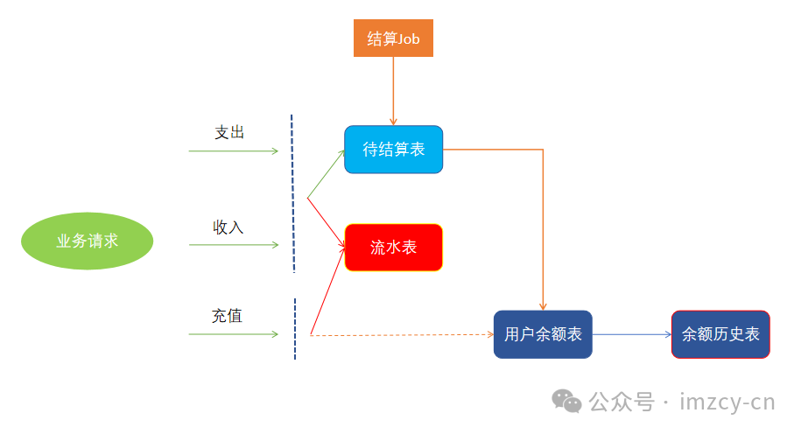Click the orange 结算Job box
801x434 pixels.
tap(393, 38)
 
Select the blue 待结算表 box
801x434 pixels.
tap(393, 150)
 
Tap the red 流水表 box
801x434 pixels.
tap(393, 248)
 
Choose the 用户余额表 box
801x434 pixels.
tap(543, 334)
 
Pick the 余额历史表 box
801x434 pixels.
tap(720, 334)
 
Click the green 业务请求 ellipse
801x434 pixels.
tap(87, 241)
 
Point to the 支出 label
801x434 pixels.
tap(229, 132)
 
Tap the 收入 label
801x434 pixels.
tap(228, 227)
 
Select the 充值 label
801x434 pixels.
tap(227, 316)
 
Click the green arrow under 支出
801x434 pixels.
tap(233, 151)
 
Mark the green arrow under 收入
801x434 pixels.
tap(233, 245)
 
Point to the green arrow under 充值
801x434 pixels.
tap(233, 334)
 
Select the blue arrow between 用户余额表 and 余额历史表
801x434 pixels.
tap(631, 334)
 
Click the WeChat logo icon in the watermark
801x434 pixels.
tap(566, 402)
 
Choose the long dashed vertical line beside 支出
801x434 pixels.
tap(292, 192)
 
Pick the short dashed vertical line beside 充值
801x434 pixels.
tap(295, 329)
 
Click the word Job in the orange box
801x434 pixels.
tap(409, 39)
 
